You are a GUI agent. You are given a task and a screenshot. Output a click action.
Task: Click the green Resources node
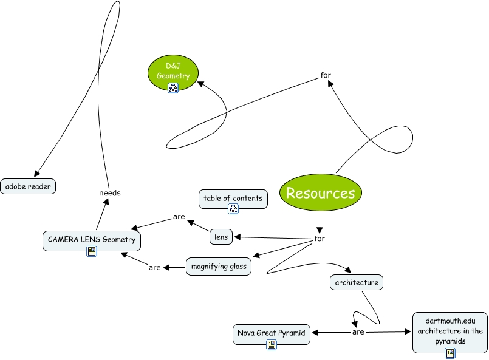click(320, 193)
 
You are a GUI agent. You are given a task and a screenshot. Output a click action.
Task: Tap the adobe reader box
click(28, 186)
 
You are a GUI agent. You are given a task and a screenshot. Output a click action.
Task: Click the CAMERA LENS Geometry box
click(92, 240)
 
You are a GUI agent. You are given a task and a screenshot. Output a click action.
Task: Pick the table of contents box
click(233, 198)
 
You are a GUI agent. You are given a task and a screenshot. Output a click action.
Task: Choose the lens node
click(221, 237)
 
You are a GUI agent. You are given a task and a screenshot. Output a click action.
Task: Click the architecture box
click(357, 282)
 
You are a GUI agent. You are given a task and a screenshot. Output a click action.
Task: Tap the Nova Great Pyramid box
click(272, 333)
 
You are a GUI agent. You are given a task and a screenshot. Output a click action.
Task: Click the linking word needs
click(110, 193)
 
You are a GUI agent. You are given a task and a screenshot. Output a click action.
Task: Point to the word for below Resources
click(320, 239)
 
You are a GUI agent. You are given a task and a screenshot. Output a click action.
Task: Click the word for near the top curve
click(326, 76)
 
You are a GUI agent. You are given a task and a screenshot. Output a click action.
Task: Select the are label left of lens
click(179, 216)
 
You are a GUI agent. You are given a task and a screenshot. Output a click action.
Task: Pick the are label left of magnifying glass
click(154, 267)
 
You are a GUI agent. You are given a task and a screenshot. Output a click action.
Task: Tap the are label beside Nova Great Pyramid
click(358, 332)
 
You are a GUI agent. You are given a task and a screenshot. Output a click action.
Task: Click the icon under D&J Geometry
click(173, 88)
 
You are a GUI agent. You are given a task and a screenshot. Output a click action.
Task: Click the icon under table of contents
click(233, 209)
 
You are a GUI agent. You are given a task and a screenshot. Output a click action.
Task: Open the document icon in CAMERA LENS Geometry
click(92, 251)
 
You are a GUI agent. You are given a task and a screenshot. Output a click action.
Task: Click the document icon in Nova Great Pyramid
click(272, 344)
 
